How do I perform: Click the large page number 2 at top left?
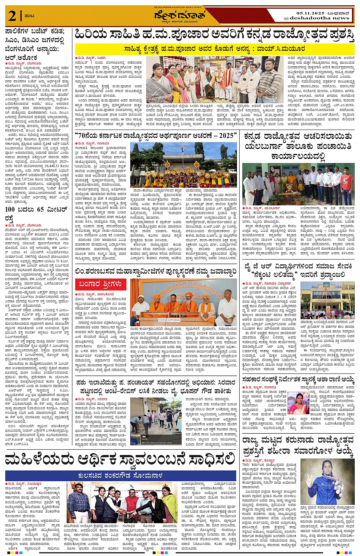[x=13, y=16]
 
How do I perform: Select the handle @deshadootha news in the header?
[x=316, y=18]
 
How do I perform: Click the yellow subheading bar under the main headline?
[x=214, y=49]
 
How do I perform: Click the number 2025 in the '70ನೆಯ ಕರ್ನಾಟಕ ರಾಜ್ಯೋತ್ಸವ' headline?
[x=226, y=135]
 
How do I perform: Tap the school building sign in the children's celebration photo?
[x=183, y=156]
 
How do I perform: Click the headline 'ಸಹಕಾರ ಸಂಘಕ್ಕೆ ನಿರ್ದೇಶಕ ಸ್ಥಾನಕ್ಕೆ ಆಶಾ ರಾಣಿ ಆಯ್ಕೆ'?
[x=298, y=379]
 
